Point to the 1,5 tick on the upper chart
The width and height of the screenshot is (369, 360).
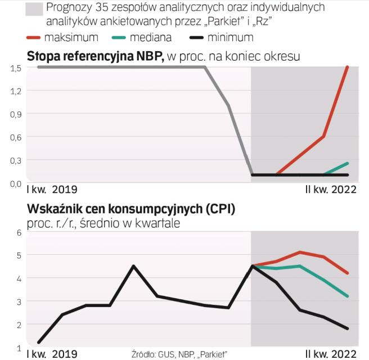point(15,67)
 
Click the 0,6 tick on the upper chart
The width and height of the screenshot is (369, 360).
point(15,137)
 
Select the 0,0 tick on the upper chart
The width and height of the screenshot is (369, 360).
point(15,183)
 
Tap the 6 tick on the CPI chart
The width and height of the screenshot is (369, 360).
point(19,232)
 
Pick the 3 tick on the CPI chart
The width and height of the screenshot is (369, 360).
point(19,301)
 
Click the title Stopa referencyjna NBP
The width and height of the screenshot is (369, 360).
point(95,56)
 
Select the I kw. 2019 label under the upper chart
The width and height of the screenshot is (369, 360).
point(52,190)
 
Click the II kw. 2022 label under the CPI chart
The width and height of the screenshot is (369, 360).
point(331,354)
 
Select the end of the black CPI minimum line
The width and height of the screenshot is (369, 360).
point(348,328)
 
